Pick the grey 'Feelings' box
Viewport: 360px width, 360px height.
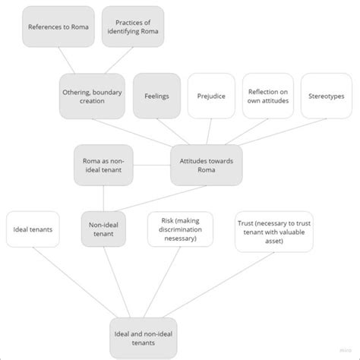[x=156, y=96]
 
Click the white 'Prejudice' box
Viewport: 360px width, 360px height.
[x=210, y=96]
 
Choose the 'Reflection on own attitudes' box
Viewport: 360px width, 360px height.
[x=267, y=96]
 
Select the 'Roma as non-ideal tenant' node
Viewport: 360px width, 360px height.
[x=103, y=166]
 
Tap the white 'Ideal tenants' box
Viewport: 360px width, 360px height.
[x=33, y=229]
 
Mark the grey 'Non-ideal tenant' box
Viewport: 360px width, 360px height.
[x=103, y=229]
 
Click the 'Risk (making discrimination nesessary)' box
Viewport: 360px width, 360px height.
[x=179, y=229]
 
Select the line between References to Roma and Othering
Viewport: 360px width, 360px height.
[x=69, y=61]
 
